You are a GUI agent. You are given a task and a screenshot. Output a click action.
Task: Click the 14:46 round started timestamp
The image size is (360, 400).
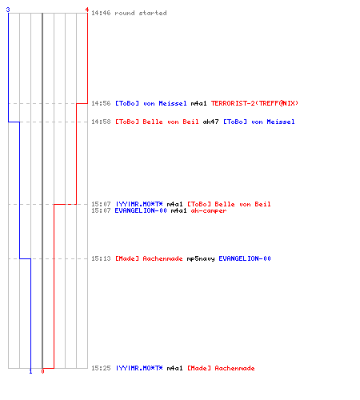pos(101,13)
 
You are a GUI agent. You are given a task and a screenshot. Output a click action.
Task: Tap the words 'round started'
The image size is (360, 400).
pos(141,13)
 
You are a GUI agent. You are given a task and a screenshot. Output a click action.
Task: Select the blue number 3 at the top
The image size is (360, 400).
pos(8,10)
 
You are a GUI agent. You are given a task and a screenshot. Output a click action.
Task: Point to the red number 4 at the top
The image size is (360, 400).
pos(87,10)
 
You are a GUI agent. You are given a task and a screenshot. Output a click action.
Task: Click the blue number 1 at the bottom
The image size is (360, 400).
pos(30,371)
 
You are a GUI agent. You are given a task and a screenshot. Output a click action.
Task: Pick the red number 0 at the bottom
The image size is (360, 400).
pos(42,371)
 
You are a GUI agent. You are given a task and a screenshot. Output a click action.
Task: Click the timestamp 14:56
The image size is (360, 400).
pos(101,103)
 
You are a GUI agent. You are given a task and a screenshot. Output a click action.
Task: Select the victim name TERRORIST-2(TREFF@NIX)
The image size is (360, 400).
pos(254,103)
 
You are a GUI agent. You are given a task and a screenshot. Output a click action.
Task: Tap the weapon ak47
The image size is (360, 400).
pos(210,122)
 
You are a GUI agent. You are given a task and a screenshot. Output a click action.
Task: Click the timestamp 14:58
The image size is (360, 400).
pos(101,122)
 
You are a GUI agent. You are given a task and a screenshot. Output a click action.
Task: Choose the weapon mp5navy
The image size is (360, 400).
pos(201,258)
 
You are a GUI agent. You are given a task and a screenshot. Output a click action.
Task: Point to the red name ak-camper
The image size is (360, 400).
pos(209,210)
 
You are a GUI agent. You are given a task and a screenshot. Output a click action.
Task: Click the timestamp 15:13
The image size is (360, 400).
pos(101,258)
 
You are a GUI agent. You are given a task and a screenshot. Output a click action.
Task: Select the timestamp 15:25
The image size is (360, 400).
pos(101,368)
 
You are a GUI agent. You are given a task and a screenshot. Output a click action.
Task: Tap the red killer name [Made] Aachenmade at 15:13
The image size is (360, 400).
pos(149,258)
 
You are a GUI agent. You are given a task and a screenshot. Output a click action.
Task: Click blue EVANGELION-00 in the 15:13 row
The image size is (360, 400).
pos(245,258)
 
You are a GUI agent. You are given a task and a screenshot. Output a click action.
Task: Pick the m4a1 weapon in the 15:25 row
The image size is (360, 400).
pos(174,368)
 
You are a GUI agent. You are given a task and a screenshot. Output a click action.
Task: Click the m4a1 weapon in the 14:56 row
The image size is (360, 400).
pos(198,103)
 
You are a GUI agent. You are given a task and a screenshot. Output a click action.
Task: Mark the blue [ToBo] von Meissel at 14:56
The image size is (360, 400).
pos(151,103)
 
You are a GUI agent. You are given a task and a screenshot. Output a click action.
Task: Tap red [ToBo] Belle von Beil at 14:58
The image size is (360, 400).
pos(157,122)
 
